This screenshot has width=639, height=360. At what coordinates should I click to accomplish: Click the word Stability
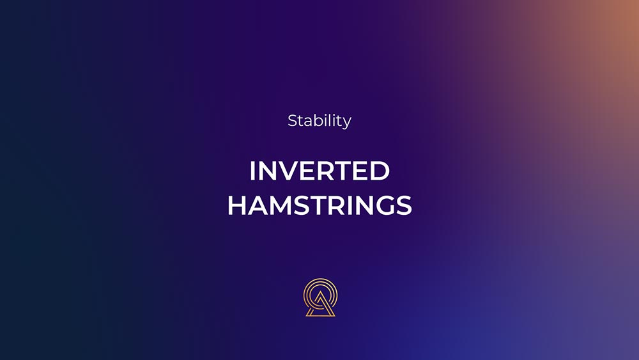pyautogui.click(x=319, y=121)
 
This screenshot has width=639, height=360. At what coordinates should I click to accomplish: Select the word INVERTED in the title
pyautogui.click(x=319, y=171)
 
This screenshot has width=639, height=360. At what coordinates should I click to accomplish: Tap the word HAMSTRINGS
pyautogui.click(x=319, y=205)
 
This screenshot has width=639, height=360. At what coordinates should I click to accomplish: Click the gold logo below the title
pyautogui.click(x=320, y=297)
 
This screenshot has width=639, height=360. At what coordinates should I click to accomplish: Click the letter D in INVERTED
pyautogui.click(x=380, y=171)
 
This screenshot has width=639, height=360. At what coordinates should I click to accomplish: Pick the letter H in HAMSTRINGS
pyautogui.click(x=237, y=205)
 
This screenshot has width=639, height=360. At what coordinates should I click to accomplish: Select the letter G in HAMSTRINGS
pyautogui.click(x=384, y=205)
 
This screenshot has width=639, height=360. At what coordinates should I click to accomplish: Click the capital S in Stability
pyautogui.click(x=293, y=121)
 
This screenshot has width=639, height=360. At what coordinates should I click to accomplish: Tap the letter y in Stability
pyautogui.click(x=347, y=123)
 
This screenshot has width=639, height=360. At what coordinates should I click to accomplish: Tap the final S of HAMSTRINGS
pyautogui.click(x=404, y=205)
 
